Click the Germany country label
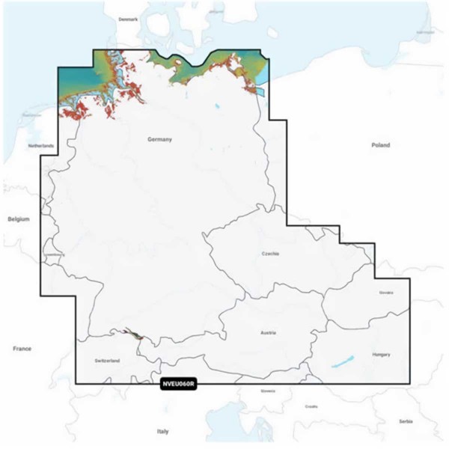160,140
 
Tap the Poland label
380,145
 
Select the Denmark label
129,19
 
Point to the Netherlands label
41,145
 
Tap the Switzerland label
108,361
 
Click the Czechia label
270,254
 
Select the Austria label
268,332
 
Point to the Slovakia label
386,293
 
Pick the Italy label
162,432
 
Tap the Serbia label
406,421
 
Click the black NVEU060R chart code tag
178,385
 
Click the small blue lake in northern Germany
217,107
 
